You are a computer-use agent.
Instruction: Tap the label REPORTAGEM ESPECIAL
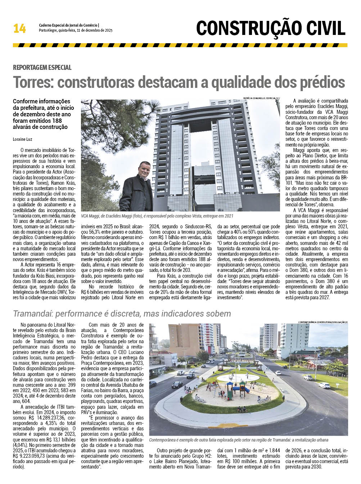[42, 67]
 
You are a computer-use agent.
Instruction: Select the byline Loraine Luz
[23, 139]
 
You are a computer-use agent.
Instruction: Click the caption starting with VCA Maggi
[157, 216]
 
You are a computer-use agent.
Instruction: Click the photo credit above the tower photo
[261, 98]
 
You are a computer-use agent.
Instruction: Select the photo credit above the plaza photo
[322, 322]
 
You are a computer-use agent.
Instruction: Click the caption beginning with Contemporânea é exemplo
[238, 440]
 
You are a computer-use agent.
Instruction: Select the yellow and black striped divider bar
[180, 45]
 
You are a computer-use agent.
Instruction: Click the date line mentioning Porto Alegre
[76, 31]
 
